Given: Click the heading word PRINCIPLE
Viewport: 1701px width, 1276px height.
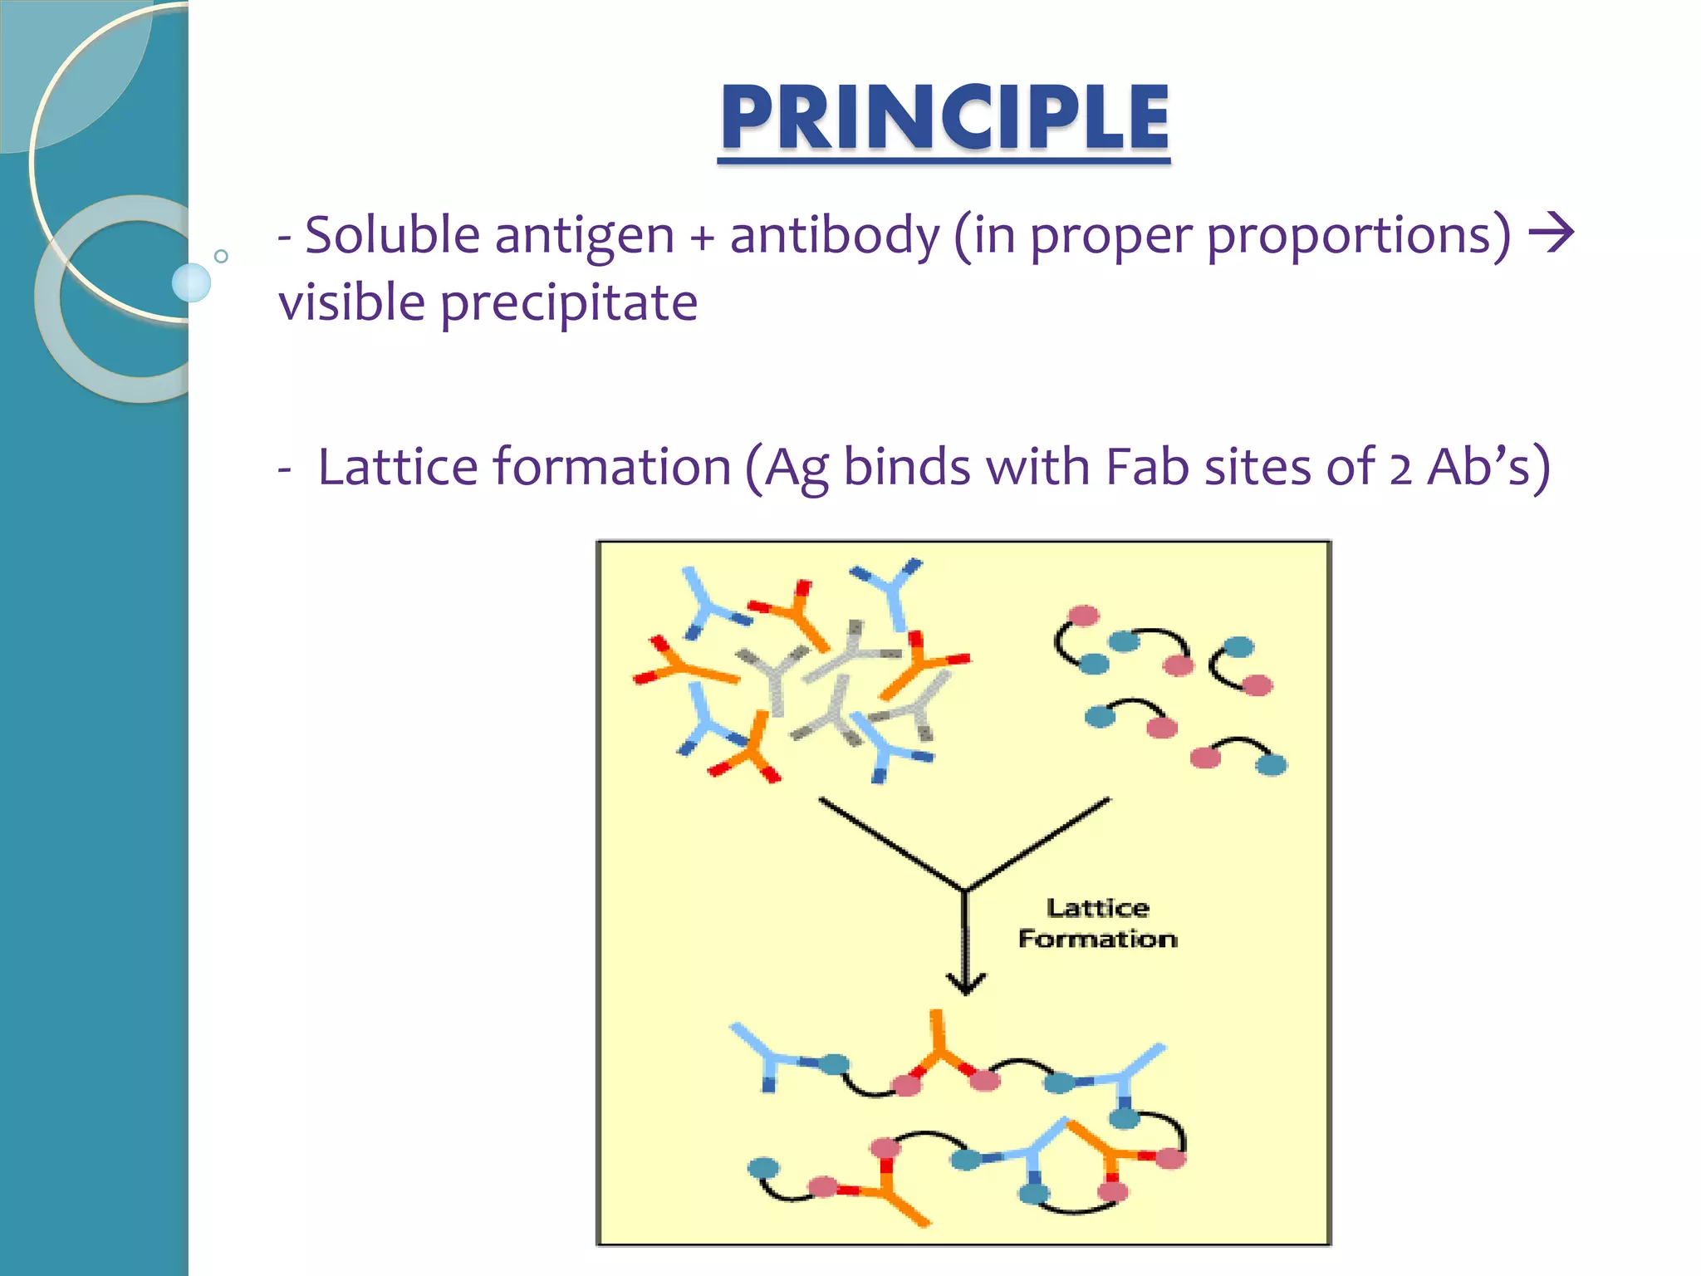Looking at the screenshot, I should (944, 118).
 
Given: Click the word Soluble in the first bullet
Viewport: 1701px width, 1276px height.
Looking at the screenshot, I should (392, 235).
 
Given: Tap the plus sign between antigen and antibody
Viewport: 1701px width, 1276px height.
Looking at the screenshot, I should (702, 238).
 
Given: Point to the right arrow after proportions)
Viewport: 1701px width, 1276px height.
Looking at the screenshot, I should (1551, 233).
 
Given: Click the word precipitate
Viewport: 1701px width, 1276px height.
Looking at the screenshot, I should (569, 303).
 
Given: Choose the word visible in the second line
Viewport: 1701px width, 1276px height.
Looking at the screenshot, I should (352, 302).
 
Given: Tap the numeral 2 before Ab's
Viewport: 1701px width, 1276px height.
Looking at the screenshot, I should (1401, 469).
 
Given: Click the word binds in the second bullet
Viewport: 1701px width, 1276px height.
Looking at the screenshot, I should (907, 467).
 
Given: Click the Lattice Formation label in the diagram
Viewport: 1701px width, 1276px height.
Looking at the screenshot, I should (1097, 923).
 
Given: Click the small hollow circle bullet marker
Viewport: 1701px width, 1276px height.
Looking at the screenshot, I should (221, 256).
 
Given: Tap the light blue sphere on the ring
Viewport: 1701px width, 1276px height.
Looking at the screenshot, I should (191, 282).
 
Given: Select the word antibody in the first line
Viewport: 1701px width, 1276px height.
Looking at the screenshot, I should (834, 235).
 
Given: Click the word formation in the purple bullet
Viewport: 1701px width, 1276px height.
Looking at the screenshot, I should (611, 467).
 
